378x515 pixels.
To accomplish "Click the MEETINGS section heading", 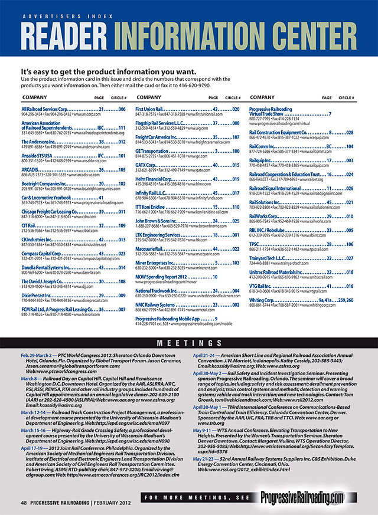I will [188, 343].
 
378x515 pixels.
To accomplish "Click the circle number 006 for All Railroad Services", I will [122, 110].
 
